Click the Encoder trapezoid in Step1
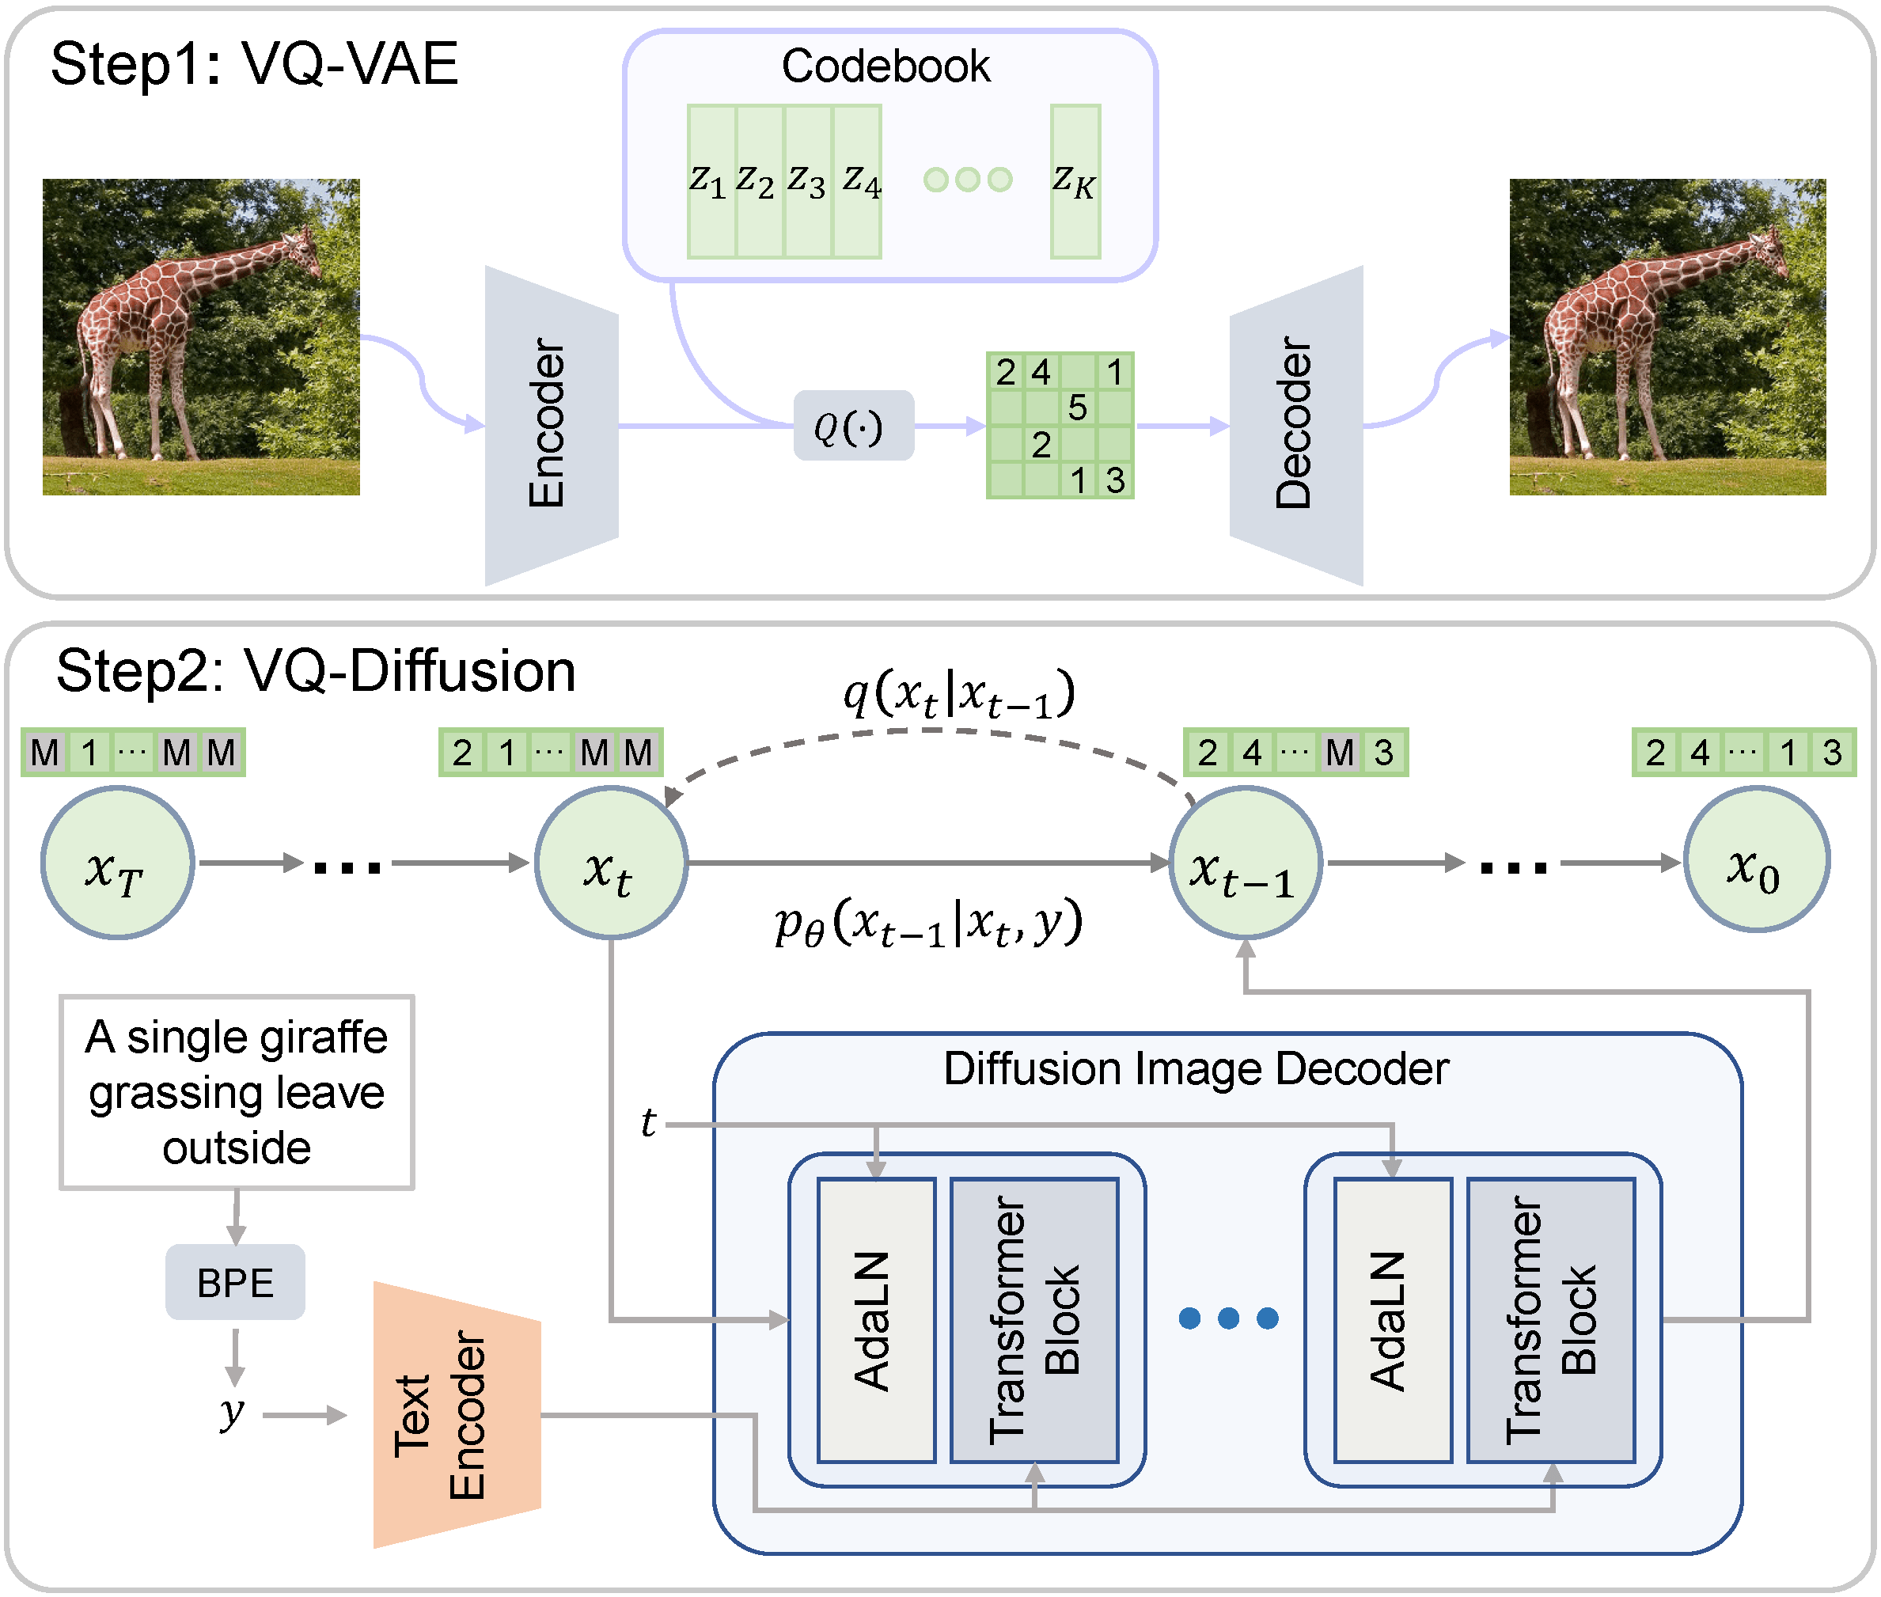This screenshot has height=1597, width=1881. coord(552,426)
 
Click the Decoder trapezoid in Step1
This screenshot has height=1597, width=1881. coord(1296,426)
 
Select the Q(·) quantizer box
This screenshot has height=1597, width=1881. coord(853,427)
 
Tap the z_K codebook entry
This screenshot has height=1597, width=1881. coord(1075,181)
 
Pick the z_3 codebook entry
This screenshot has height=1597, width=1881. coord(806,181)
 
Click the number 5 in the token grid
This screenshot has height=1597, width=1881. coord(1077,408)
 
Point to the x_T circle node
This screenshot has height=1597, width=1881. coord(117,863)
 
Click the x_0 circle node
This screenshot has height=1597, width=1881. coord(1755,860)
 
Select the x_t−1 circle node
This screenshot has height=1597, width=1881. coord(1245,863)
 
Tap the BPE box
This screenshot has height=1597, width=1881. coord(235,1283)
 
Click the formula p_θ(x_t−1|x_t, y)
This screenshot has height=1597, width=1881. coord(927,924)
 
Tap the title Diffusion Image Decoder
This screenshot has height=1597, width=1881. coord(1195,1069)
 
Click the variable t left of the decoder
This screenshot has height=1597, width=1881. coord(648,1124)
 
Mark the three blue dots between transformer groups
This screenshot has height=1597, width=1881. coord(1228,1319)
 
